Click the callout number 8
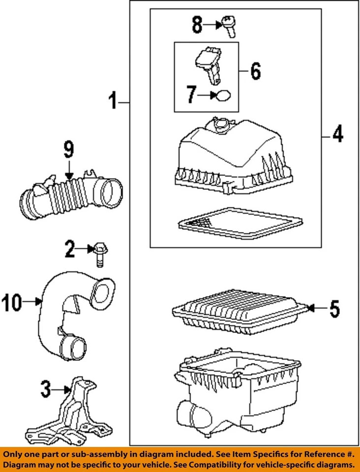[x=197, y=25]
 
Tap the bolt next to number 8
[x=229, y=27]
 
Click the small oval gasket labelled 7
[x=224, y=96]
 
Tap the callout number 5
[x=335, y=309]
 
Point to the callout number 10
[x=11, y=302]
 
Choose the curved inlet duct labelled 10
[x=76, y=316]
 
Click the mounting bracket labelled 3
[x=68, y=412]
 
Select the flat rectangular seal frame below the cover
[x=240, y=224]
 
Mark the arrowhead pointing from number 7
[x=214, y=95]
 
